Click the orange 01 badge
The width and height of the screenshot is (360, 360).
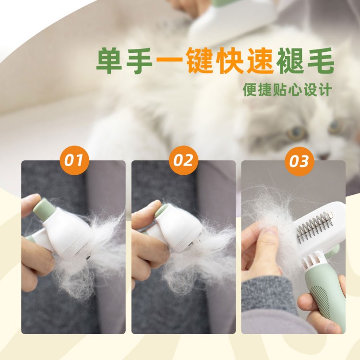(74, 160)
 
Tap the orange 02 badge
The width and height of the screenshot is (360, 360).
(183, 160)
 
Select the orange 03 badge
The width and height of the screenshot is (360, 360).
(299, 161)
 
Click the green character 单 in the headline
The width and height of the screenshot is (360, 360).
(109, 61)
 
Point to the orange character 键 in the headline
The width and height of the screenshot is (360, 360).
(199, 61)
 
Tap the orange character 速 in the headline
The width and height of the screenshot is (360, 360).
(260, 61)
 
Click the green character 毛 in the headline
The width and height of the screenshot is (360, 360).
(321, 61)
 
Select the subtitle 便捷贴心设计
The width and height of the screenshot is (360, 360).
(287, 90)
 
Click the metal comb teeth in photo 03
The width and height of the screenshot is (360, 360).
(314, 227)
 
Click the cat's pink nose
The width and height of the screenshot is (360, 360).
(324, 156)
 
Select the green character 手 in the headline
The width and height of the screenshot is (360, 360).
(139, 61)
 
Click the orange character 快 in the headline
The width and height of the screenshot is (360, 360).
(229, 61)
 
